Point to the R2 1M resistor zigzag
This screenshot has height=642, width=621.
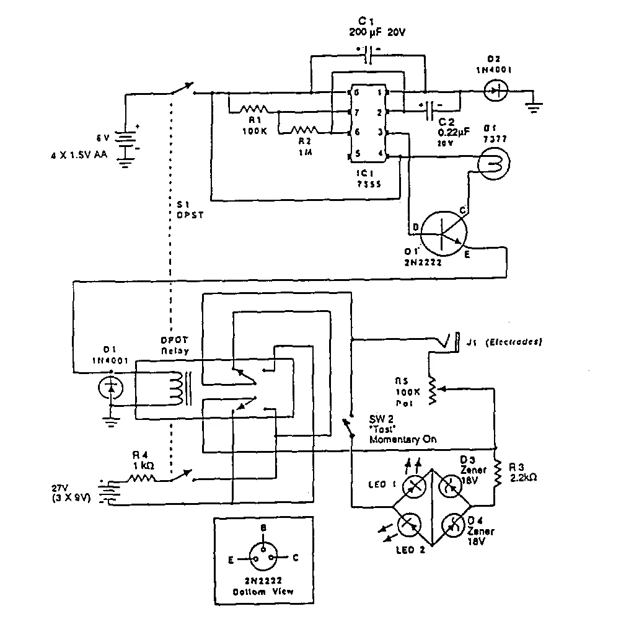coord(304,132)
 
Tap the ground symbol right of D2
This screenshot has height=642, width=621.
coord(532,107)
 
